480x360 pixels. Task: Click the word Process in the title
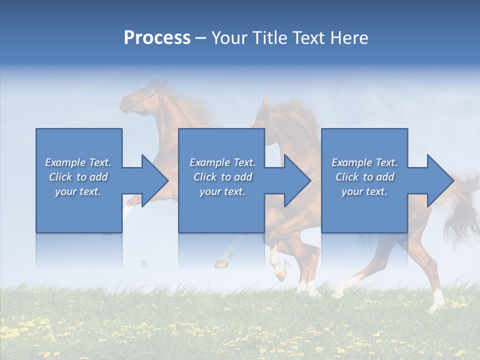[x=157, y=38]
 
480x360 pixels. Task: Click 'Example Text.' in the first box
[x=78, y=162]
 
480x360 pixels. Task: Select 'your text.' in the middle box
[x=222, y=191]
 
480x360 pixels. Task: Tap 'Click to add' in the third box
[x=364, y=177]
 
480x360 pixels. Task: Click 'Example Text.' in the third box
[x=364, y=162]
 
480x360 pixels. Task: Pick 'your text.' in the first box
[x=78, y=191]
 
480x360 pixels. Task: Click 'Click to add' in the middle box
[x=222, y=177]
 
